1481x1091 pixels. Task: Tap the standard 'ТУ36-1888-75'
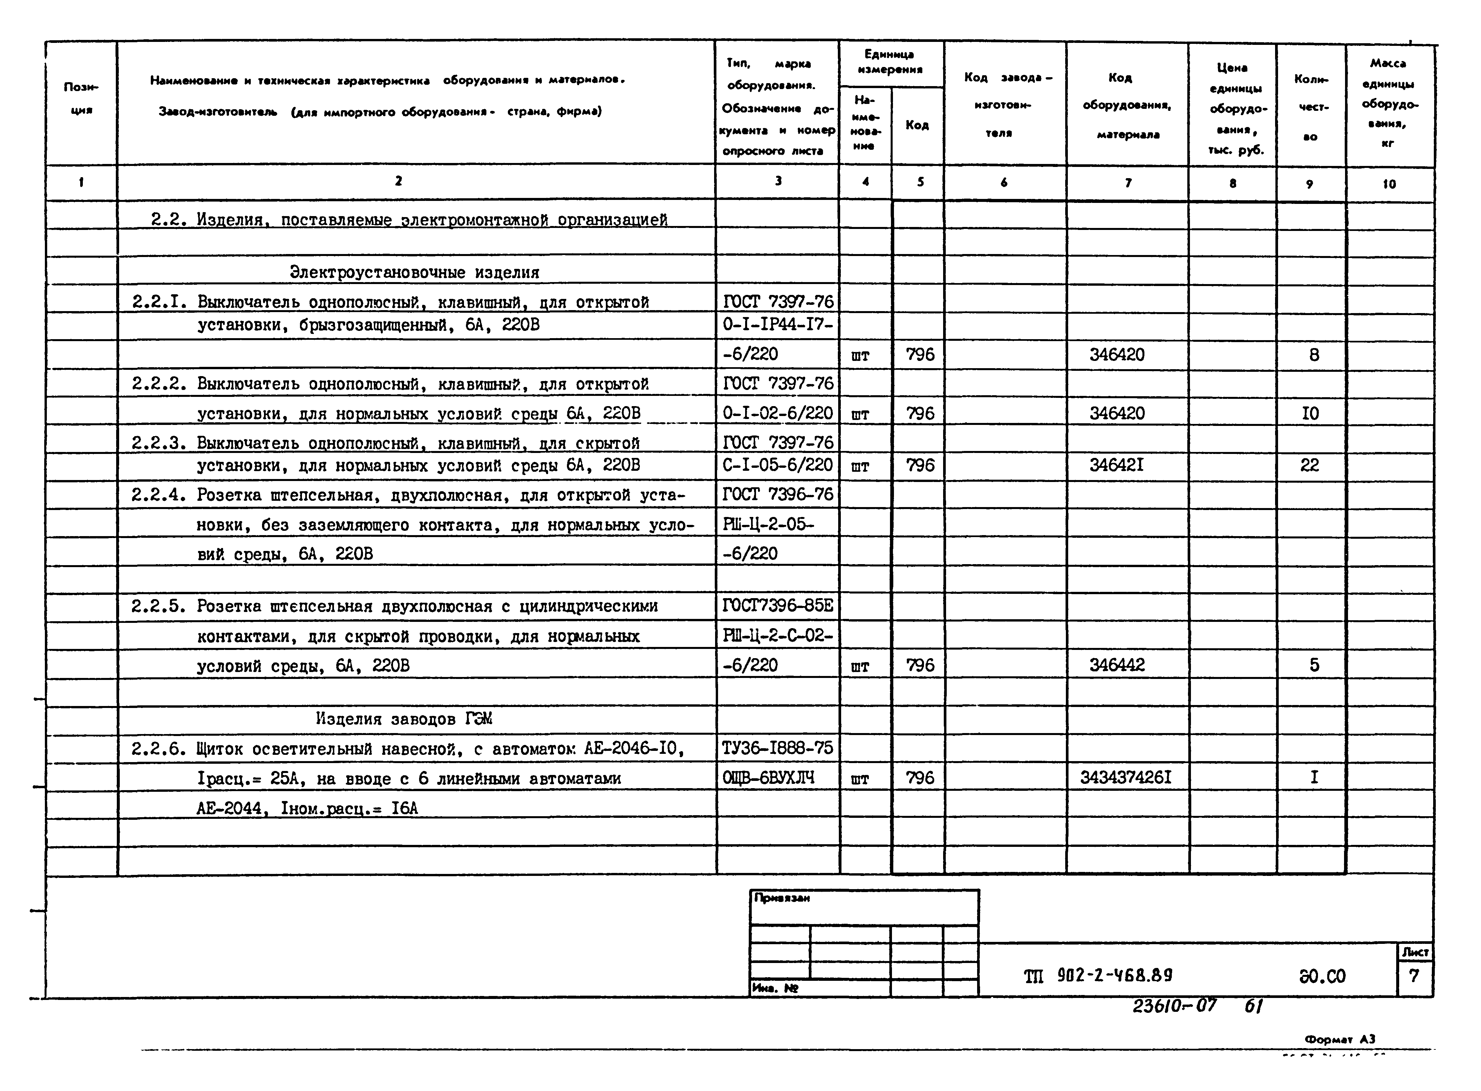tap(777, 748)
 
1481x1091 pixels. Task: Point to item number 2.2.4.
tap(158, 495)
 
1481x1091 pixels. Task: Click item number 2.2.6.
tap(158, 749)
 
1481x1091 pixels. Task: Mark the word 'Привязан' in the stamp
tap(782, 898)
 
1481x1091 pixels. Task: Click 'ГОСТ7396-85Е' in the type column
tap(777, 606)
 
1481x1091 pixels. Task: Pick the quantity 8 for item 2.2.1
tap(1314, 355)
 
